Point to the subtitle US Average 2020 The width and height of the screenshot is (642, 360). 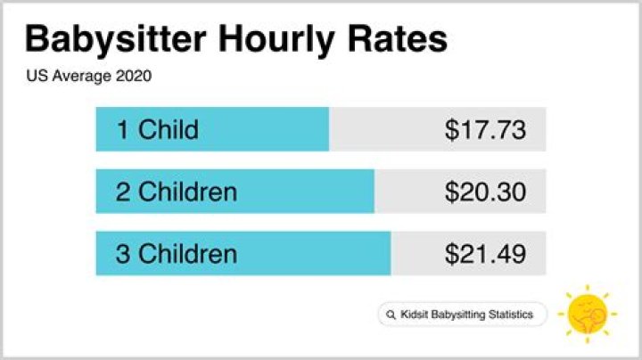pyautogui.click(x=89, y=77)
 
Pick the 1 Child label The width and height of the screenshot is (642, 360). pyautogui.click(x=157, y=130)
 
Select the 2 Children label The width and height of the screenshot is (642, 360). pyautogui.click(x=177, y=192)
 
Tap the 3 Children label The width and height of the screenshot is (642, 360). pyautogui.click(x=177, y=254)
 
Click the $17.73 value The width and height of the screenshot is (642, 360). pyautogui.click(x=485, y=130)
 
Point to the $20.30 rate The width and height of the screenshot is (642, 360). pyautogui.click(x=485, y=192)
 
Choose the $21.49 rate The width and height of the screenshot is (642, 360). pyautogui.click(x=485, y=254)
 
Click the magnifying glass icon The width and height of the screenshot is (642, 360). pyautogui.click(x=391, y=315)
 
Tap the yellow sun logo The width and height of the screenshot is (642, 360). pyautogui.click(x=587, y=313)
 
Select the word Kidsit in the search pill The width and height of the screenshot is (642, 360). pyautogui.click(x=415, y=315)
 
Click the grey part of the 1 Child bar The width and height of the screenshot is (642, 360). pyautogui.click(x=383, y=130)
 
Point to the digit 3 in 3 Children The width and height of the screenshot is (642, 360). pyautogui.click(x=123, y=254)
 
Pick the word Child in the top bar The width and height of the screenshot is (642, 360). pyautogui.click(x=169, y=130)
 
